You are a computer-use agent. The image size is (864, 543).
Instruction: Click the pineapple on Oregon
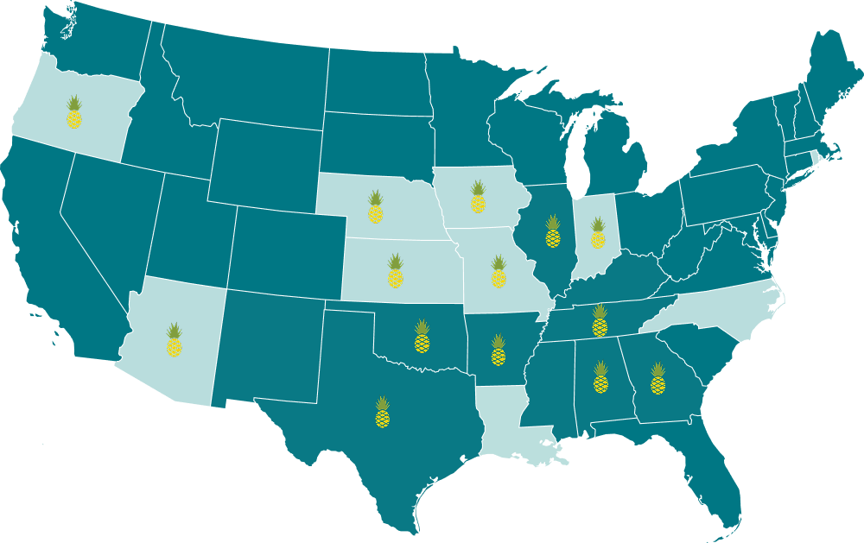click(74, 113)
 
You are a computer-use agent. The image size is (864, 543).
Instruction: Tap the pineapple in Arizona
click(175, 340)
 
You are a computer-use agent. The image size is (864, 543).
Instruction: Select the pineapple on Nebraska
click(375, 208)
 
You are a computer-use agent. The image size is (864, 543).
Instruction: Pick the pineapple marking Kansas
click(395, 271)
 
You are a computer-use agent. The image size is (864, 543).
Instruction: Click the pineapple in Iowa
click(478, 197)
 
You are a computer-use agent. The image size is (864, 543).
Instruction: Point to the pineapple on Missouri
click(499, 272)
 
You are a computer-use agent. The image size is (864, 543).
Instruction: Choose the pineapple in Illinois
click(553, 231)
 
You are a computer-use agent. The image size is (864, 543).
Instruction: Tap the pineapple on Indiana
click(597, 233)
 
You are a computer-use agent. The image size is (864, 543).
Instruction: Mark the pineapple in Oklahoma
click(422, 337)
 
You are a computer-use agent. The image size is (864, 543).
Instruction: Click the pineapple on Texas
click(382, 413)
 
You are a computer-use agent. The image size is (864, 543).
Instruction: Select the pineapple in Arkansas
click(498, 350)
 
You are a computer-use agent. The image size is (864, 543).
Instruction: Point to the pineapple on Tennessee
click(600, 320)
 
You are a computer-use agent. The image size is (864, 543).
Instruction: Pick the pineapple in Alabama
click(600, 377)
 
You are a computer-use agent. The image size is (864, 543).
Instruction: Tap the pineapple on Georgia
click(658, 379)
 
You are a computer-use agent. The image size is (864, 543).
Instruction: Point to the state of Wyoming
click(264, 163)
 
